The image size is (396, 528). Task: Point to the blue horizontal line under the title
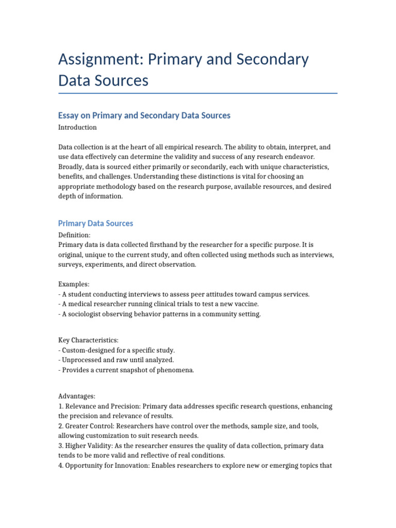[x=198, y=93]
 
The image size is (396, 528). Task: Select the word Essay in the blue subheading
[x=70, y=115]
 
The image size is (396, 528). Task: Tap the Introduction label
[x=77, y=127]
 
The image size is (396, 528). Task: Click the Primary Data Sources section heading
[x=95, y=223]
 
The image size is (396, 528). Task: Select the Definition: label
[x=74, y=235]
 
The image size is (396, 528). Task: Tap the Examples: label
[x=74, y=284]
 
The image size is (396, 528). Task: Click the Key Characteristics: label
[x=88, y=341]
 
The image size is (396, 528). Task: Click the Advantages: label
[x=77, y=397]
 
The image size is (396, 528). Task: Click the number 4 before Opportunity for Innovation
[x=60, y=465]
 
